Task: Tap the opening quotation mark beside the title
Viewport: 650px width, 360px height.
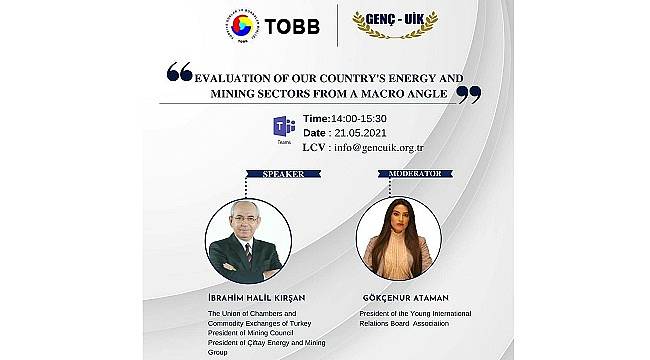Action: (180, 71)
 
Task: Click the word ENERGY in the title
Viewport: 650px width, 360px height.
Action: (405, 74)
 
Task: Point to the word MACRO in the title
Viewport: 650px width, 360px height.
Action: (366, 91)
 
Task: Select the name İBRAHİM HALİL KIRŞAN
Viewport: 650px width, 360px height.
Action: (254, 298)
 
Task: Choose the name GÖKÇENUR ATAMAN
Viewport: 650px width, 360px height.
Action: (411, 298)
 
